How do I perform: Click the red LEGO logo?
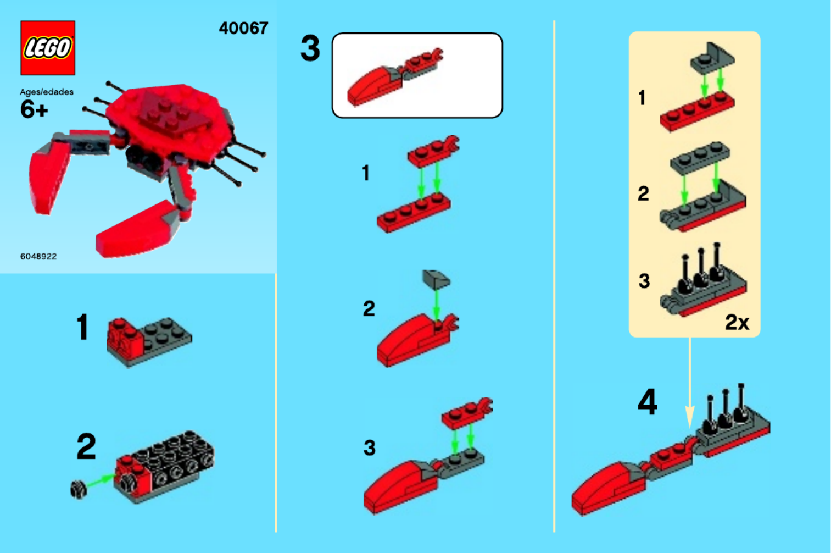[48, 48]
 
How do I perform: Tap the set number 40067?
[243, 28]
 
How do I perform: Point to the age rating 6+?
[34, 109]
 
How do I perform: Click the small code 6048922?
[38, 256]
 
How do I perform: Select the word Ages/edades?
[47, 92]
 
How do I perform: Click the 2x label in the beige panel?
[737, 322]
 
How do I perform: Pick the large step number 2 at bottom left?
[86, 446]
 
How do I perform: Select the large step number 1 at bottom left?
[83, 327]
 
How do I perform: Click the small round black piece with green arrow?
[79, 490]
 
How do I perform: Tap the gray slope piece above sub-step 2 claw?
[436, 279]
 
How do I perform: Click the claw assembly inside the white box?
[395, 77]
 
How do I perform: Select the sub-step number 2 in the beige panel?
[643, 193]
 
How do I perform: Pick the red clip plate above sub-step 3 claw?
[467, 412]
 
